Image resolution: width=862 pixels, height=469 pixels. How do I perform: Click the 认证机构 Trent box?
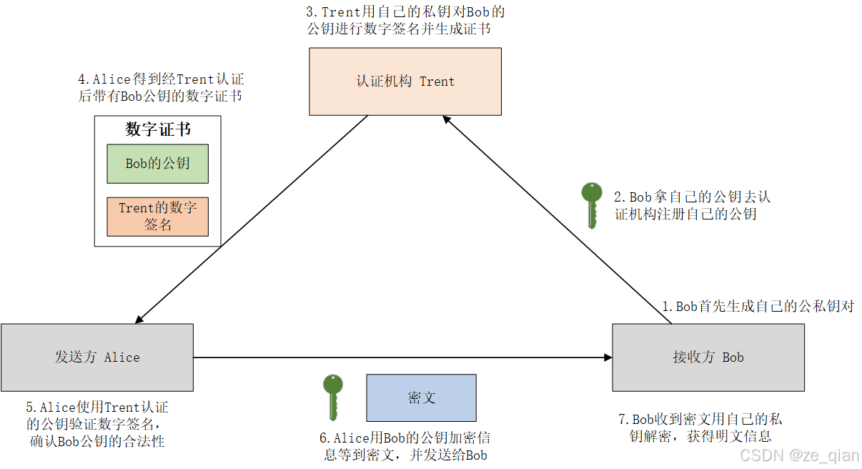[405, 82]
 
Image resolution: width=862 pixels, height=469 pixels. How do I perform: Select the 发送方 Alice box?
[97, 357]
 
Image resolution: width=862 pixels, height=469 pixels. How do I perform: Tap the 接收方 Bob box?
[708, 357]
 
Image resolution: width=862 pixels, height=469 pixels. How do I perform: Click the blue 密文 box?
[421, 398]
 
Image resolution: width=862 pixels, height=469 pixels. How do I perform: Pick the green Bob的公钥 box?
[157, 164]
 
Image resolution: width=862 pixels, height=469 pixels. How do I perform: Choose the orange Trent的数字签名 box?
[157, 217]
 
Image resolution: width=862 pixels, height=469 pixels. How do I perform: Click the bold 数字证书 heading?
[158, 129]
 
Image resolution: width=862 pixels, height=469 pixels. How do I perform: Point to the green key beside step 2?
[591, 204]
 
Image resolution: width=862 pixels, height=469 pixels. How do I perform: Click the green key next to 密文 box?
[332, 397]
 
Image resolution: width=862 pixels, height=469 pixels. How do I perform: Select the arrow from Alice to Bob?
[400, 357]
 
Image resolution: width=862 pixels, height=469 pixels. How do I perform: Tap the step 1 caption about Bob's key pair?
[758, 307]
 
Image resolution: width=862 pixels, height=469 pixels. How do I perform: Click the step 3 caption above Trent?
[405, 21]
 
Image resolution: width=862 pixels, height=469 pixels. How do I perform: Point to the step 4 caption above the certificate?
[161, 88]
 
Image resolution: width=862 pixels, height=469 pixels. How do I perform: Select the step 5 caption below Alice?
[97, 424]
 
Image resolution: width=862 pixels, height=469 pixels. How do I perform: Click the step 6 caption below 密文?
[405, 446]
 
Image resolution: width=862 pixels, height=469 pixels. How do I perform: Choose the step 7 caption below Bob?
[700, 428]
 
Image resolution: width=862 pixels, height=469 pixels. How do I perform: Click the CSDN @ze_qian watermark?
[799, 455]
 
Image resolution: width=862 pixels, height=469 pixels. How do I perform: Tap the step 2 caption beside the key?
[692, 204]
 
